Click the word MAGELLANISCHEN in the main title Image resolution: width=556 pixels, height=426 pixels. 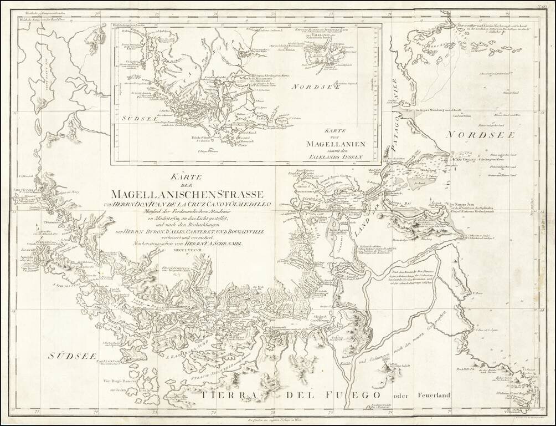click(167, 195)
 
